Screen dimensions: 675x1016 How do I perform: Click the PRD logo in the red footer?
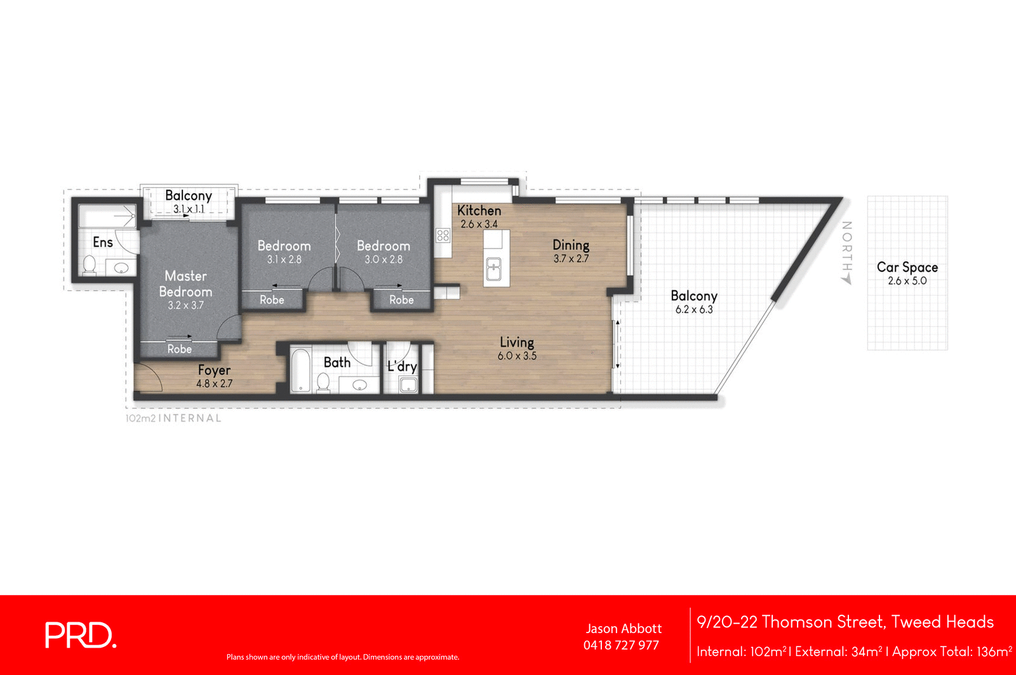81,635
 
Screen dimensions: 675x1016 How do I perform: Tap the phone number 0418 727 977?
621,645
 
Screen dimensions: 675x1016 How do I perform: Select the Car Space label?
907,267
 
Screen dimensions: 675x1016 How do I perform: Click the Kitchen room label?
479,210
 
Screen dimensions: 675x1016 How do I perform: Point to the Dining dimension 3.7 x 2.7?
571,259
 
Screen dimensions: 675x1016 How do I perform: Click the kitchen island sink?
493,269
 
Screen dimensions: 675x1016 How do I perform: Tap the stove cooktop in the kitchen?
443,236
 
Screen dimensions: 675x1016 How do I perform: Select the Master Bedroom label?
185,284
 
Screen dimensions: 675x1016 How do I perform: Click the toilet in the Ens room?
89,265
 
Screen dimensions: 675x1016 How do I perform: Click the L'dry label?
402,366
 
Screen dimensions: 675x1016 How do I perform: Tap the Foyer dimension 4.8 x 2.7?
214,384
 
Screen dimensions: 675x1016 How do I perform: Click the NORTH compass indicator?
846,252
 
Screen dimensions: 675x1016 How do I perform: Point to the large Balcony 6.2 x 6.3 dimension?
693,310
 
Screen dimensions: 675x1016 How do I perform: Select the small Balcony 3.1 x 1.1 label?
188,196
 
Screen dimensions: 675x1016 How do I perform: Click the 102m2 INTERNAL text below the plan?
173,418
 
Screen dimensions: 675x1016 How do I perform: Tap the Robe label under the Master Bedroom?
179,349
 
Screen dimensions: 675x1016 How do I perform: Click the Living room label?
516,342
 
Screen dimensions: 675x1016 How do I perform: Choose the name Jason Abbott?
623,629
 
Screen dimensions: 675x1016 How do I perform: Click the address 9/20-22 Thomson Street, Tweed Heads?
845,622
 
